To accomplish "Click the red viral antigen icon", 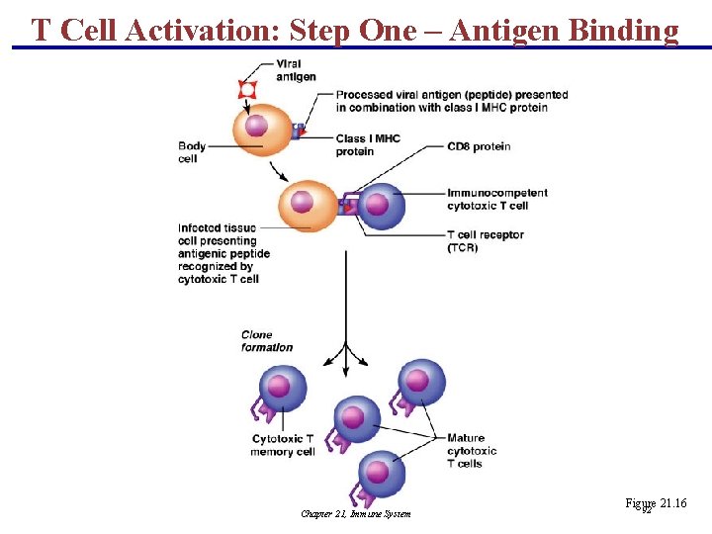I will [x=247, y=90].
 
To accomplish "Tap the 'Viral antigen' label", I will [x=296, y=70].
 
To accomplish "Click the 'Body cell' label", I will [x=192, y=152].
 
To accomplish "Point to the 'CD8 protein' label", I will [x=479, y=146].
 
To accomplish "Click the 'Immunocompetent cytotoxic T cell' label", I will [x=496, y=199].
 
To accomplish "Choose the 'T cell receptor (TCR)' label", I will [x=485, y=241].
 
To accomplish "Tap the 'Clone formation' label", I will [x=267, y=341].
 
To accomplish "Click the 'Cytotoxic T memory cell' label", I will [x=283, y=445].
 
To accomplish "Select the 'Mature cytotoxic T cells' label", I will [x=472, y=451].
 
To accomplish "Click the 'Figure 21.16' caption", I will [x=655, y=504].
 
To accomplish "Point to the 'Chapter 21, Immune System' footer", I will [x=356, y=513].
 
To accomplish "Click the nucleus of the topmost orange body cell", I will [x=256, y=126].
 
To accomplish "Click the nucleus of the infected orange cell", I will [x=303, y=203].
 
